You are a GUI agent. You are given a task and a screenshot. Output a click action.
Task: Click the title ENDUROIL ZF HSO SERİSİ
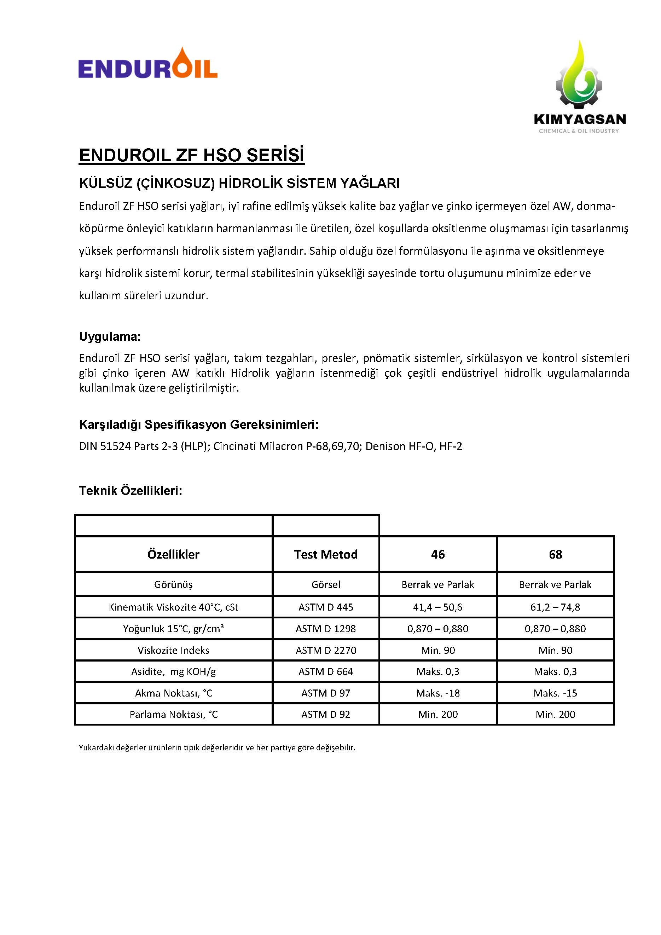coord(191,155)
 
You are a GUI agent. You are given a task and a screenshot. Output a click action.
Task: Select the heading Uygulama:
coord(110,336)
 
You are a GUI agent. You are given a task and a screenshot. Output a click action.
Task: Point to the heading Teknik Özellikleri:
coord(130,491)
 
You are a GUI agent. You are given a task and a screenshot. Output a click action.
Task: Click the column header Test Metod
coord(326,554)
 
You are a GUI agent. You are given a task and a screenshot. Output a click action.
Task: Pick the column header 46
coord(437,554)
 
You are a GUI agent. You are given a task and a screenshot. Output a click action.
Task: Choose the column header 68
coord(555,554)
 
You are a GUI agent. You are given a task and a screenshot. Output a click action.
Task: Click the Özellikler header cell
coord(173,554)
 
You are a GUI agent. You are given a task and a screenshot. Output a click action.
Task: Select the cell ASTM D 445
coord(326,607)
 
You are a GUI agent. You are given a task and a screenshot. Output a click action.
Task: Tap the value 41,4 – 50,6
coord(437,607)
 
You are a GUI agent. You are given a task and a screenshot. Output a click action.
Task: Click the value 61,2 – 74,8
coord(555,607)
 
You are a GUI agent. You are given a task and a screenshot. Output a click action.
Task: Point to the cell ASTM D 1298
coord(326,629)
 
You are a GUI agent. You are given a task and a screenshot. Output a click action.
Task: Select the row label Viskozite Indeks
coord(173,650)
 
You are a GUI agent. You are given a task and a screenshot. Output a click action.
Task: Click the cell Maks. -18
coord(437,693)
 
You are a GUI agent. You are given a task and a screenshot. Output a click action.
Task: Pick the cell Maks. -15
coord(555,693)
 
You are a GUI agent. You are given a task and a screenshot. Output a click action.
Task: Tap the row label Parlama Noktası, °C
coord(173,714)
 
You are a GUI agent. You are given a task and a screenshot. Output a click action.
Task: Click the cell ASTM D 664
coord(326,671)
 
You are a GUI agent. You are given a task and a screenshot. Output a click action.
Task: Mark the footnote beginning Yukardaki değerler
coord(216,748)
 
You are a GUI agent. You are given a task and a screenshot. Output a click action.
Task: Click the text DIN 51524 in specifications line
coord(105,446)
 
